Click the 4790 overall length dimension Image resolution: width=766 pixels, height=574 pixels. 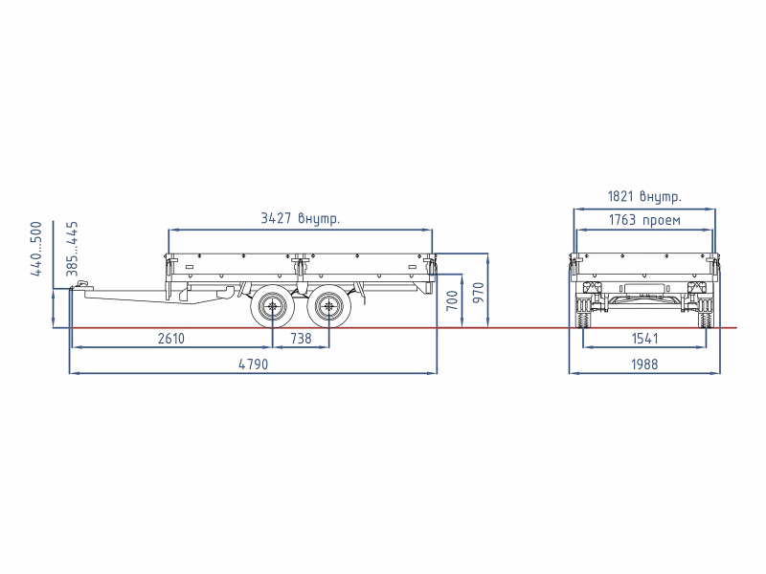pyautogui.click(x=253, y=364)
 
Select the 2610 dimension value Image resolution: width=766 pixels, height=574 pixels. pyautogui.click(x=171, y=339)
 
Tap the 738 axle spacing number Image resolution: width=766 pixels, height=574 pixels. pyautogui.click(x=301, y=339)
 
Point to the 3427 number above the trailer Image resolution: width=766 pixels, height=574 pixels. pyautogui.click(x=276, y=218)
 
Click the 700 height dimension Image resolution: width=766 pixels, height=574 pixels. pyautogui.click(x=452, y=300)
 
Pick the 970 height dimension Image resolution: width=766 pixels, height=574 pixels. pyautogui.click(x=479, y=293)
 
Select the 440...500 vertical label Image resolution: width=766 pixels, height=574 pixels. pyautogui.click(x=36, y=249)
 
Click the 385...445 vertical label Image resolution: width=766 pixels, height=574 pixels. pyautogui.click(x=72, y=249)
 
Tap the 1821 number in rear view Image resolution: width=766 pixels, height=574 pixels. pyautogui.click(x=620, y=196)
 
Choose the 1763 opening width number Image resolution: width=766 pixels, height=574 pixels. pyautogui.click(x=622, y=220)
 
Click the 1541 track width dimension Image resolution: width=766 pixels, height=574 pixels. pyautogui.click(x=644, y=339)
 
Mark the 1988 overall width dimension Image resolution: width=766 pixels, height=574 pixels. pyautogui.click(x=644, y=364)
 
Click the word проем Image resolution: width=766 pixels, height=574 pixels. pyautogui.click(x=662, y=221)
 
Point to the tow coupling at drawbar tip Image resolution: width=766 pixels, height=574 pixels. pyautogui.click(x=79, y=285)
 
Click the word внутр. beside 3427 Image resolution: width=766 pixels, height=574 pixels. pyautogui.click(x=319, y=219)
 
